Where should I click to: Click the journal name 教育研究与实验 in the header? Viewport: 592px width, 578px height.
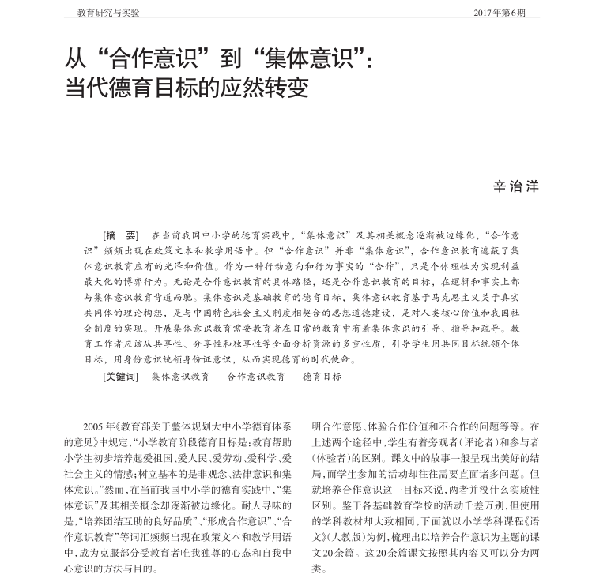(109, 13)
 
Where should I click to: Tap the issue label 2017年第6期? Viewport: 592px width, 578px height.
(500, 13)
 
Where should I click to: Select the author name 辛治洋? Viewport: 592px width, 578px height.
(515, 186)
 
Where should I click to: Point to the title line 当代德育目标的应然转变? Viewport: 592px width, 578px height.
(186, 87)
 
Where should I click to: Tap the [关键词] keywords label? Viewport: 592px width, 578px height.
(120, 377)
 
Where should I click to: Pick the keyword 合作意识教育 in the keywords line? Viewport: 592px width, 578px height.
(256, 377)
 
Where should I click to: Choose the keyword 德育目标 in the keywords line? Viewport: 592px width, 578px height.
(322, 377)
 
